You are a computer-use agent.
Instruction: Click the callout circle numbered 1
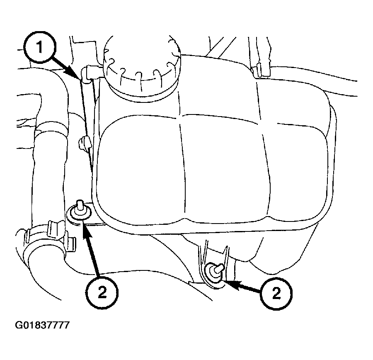tap(40, 47)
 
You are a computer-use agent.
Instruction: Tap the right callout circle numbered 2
tap(276, 294)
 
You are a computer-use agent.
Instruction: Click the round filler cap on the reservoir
tap(142, 68)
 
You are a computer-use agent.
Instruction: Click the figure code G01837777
tap(42, 325)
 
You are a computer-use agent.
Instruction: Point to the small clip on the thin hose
tap(84, 143)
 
